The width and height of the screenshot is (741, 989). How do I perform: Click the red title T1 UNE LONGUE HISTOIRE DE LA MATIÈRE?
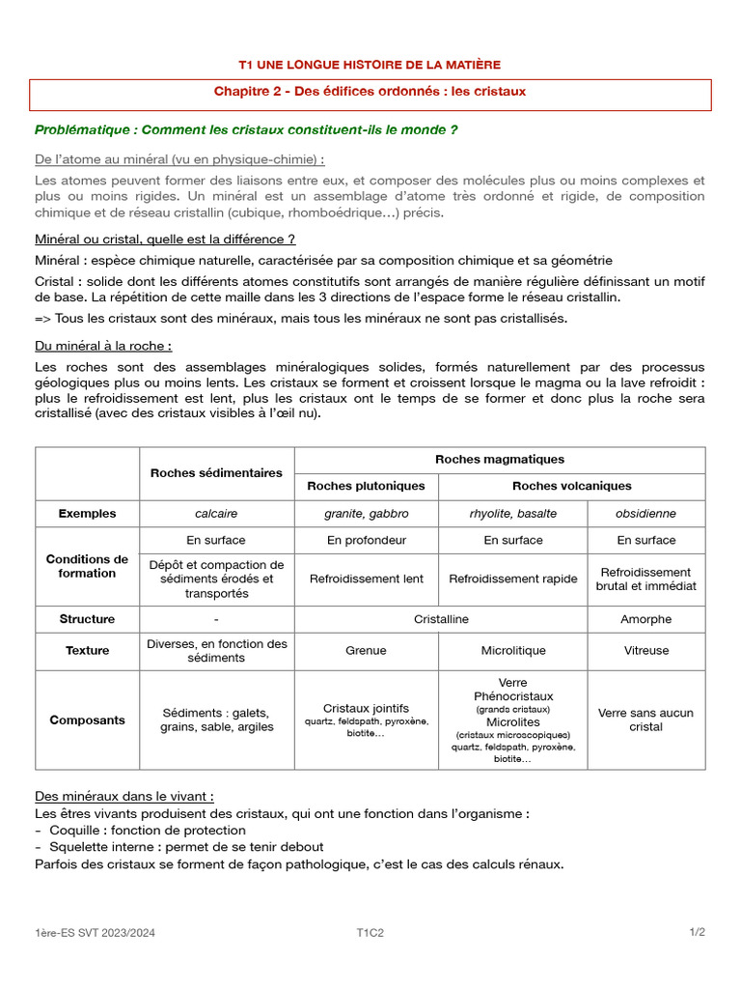[370, 65]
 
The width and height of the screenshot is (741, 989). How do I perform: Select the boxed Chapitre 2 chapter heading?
[370, 92]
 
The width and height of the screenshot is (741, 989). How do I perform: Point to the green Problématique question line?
[246, 130]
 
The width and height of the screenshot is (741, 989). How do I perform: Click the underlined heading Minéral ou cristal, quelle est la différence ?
[165, 239]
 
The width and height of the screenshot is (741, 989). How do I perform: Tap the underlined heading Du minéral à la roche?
[103, 345]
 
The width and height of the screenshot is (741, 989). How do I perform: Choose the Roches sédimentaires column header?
[216, 473]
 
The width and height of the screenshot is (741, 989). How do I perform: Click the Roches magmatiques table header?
[500, 460]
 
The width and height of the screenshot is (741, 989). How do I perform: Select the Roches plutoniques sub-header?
[366, 486]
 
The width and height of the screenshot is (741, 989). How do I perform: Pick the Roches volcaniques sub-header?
[571, 486]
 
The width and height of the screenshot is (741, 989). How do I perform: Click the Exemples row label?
[87, 514]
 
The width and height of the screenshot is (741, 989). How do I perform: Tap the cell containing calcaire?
[216, 514]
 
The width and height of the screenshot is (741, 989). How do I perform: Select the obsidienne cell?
[645, 514]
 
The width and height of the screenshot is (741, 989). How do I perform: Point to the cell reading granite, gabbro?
[366, 514]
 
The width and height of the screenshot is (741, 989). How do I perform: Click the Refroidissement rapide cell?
[513, 579]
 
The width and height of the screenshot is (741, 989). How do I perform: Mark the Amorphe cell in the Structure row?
[645, 619]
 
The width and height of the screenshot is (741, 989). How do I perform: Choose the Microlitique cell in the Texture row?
[513, 651]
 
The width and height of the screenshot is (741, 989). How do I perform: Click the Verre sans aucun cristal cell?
[645, 720]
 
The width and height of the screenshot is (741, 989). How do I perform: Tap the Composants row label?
[87, 720]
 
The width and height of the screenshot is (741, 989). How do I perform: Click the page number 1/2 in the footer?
[697, 933]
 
